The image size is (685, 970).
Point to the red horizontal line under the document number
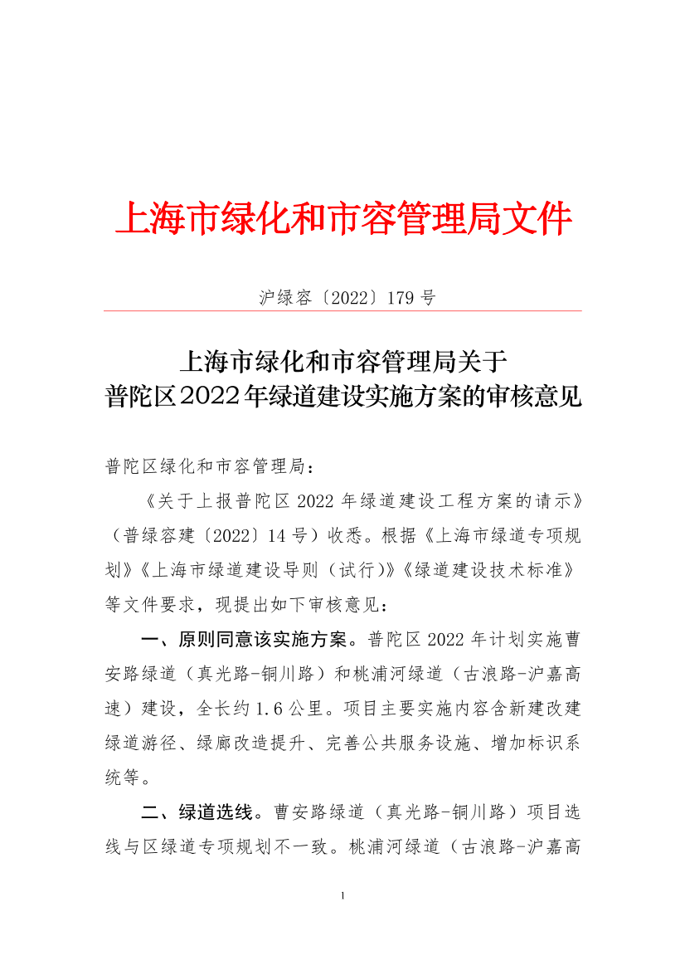point(342,311)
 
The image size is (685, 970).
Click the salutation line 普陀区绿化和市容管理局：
point(211,467)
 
